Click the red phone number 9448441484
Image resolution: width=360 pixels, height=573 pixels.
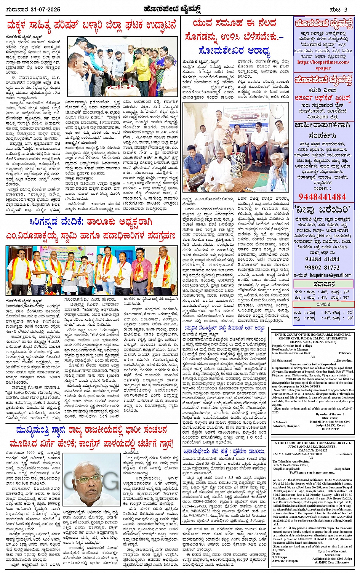(322, 197)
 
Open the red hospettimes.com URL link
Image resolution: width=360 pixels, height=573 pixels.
(323, 62)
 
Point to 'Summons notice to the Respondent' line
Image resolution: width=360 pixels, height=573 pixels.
(312, 364)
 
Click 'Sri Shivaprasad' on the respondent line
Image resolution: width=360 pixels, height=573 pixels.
(282, 360)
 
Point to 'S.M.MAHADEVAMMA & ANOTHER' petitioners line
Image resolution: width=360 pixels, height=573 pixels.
(292, 454)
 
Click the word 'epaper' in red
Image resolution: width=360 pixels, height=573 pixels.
(323, 68)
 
